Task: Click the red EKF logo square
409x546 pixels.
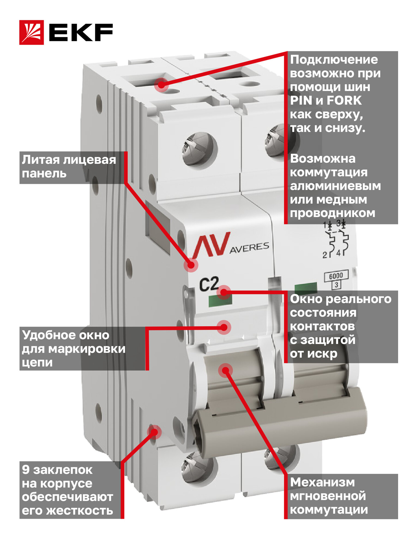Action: click(31, 32)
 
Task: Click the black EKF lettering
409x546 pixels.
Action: click(81, 32)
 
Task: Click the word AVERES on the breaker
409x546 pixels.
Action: click(249, 247)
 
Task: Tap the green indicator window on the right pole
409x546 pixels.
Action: click(306, 288)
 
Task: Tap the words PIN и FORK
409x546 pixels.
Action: click(326, 101)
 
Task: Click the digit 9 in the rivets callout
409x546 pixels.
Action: click(26, 470)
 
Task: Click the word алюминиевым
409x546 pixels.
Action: click(335, 186)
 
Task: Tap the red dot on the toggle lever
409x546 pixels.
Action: click(225, 370)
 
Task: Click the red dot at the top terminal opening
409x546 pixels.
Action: click(161, 85)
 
